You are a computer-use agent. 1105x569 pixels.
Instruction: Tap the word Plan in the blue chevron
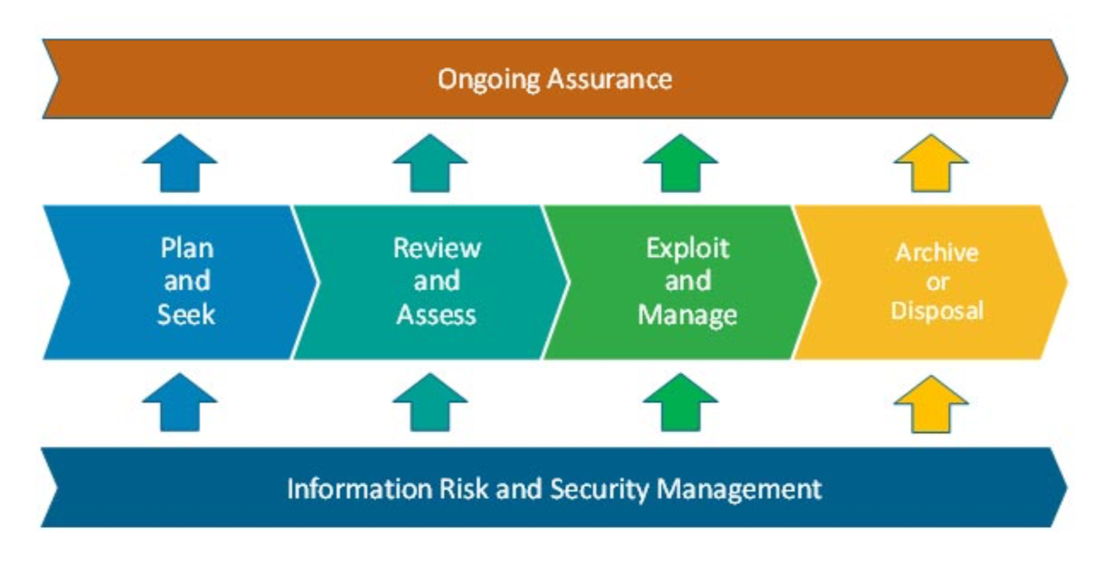pos(187,248)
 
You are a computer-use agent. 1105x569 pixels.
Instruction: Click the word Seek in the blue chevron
pos(186,315)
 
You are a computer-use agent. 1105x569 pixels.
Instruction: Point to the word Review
pos(437,248)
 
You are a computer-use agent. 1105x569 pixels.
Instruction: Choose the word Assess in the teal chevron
pos(437,315)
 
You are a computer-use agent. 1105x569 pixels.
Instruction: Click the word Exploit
pos(687,249)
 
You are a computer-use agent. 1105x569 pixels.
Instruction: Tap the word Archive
pos(937,253)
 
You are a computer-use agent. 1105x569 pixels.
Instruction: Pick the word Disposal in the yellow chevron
pos(937,311)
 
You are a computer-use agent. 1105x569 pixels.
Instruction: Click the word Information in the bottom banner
pos(360,489)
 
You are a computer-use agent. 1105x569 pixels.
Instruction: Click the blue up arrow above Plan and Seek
pos(180,163)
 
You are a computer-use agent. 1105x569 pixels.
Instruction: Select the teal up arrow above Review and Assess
pos(430,163)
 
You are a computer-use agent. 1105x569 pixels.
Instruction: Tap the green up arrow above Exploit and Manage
pos(680,163)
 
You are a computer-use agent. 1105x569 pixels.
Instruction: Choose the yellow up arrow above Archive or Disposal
pos(931,163)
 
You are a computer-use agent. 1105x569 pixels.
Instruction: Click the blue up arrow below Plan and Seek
pos(180,402)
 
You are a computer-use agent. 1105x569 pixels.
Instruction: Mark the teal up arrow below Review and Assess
pos(430,402)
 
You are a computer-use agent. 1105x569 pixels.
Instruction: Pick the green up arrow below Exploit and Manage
pos(680,402)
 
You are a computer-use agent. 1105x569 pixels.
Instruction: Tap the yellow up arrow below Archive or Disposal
pos(931,404)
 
